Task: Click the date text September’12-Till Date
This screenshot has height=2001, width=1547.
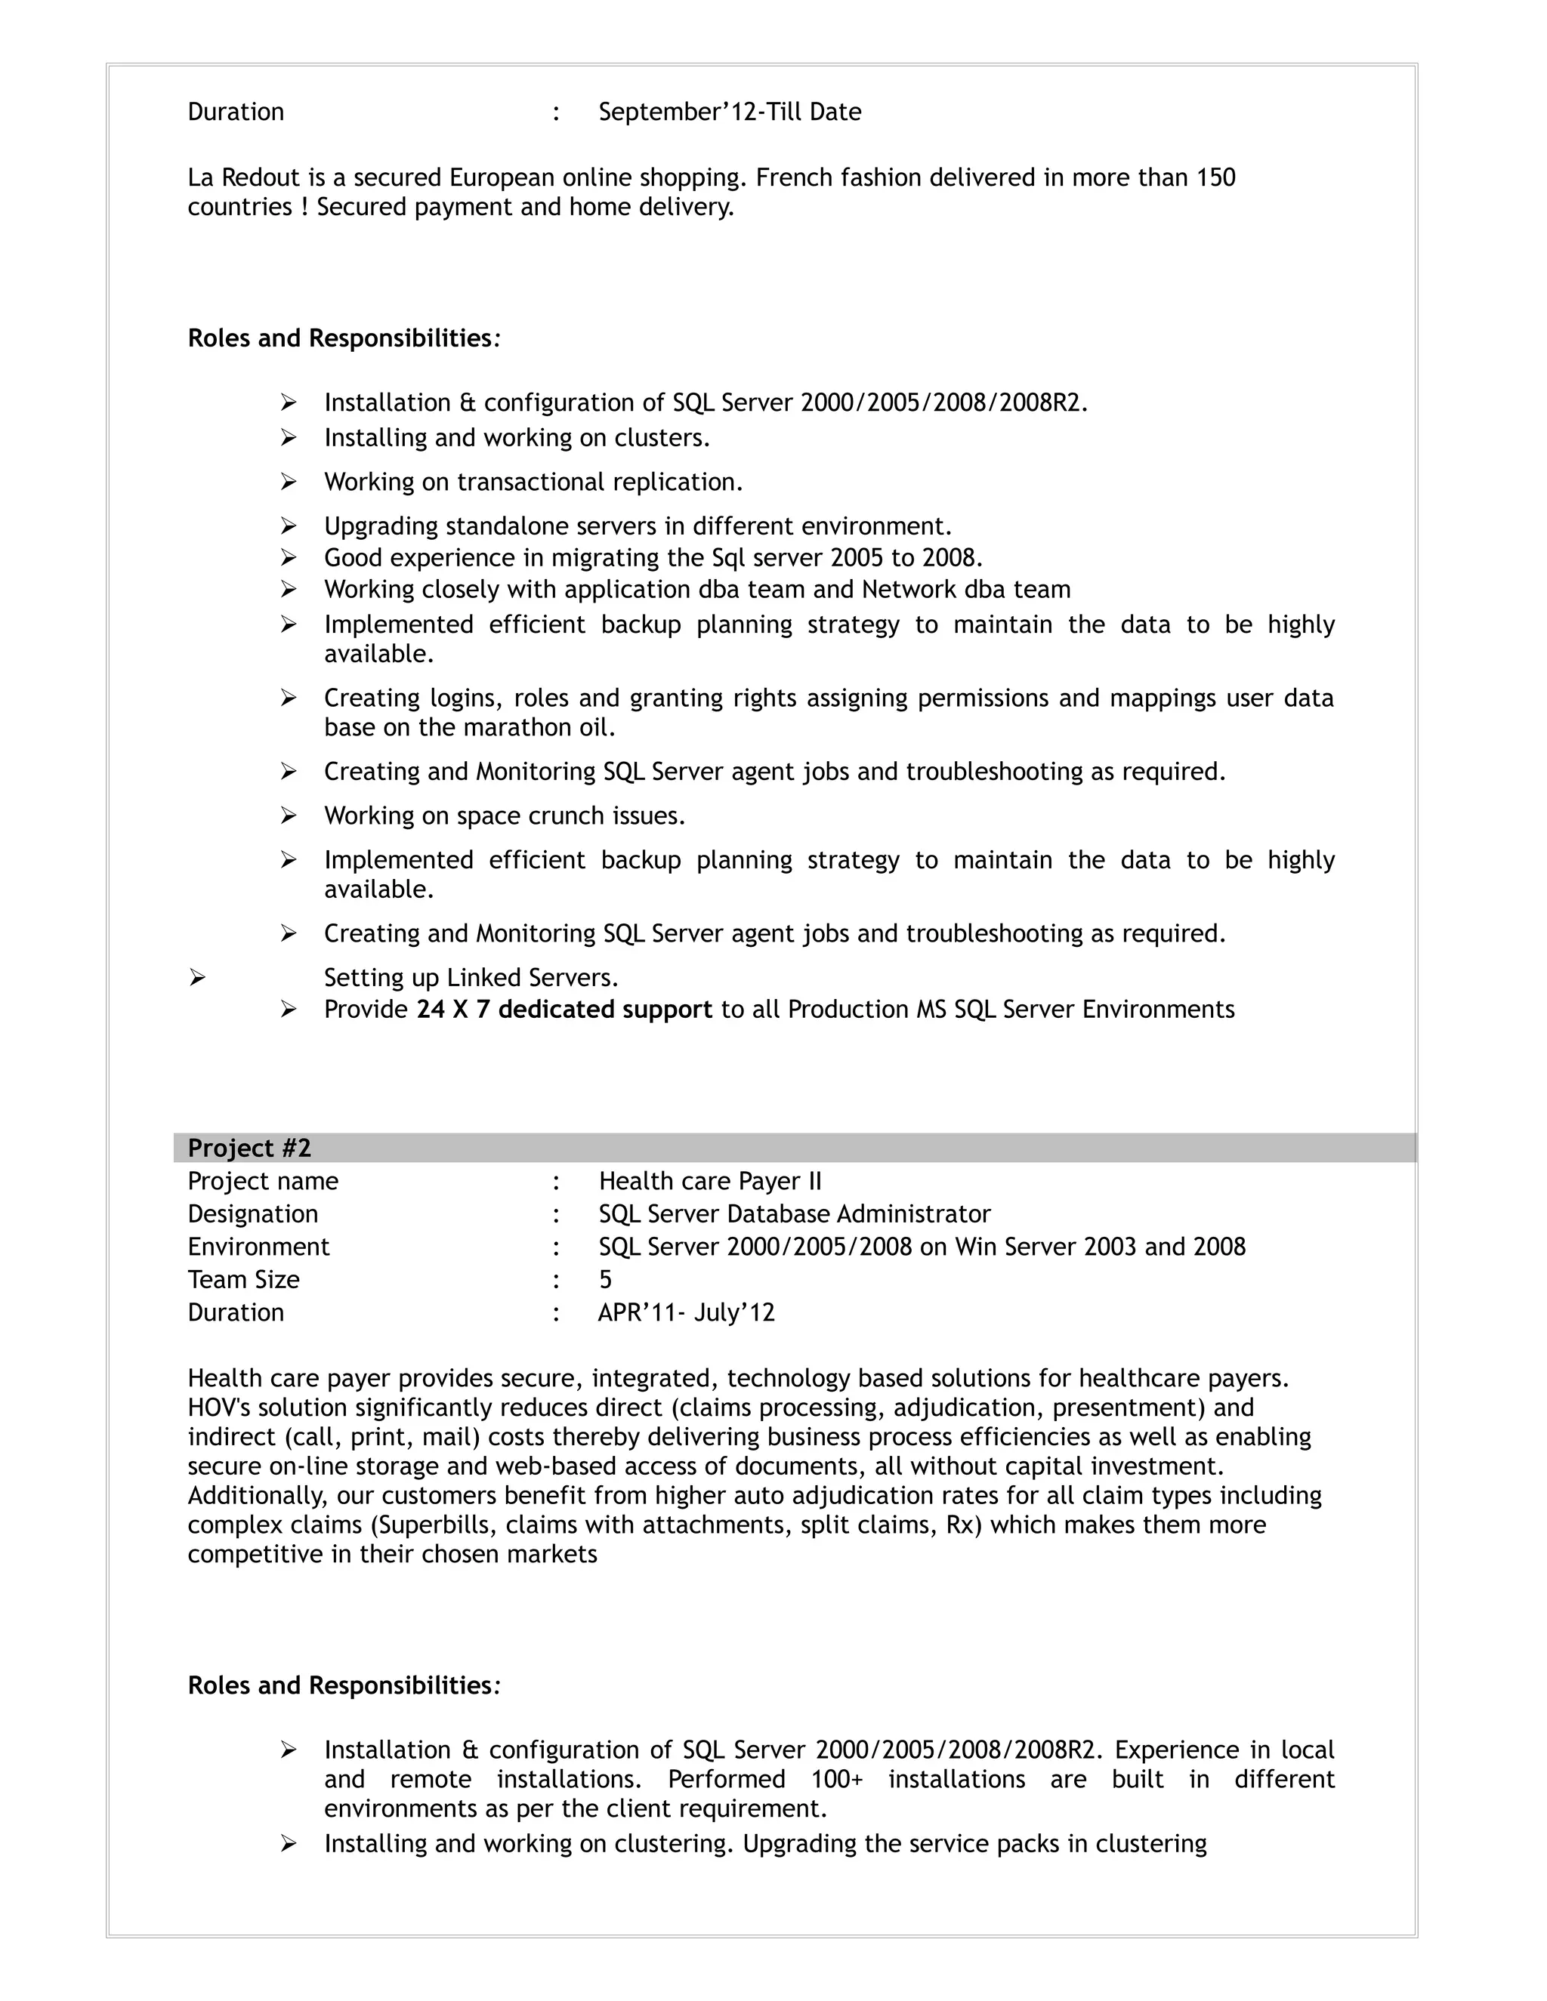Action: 730,112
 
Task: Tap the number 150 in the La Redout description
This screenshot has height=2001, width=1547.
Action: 1215,177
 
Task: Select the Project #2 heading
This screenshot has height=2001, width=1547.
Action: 249,1148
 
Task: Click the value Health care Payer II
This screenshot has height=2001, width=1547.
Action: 710,1181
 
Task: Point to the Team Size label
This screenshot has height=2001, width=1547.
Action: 244,1279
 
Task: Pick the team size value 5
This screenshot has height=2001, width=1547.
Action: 605,1279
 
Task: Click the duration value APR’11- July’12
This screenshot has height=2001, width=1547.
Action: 687,1312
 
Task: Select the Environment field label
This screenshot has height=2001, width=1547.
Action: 258,1246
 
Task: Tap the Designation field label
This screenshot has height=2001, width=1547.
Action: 253,1214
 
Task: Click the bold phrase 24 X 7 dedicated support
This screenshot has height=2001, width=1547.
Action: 564,1009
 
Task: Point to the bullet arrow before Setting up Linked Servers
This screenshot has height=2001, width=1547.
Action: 197,978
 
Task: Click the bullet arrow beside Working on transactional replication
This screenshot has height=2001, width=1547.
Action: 289,482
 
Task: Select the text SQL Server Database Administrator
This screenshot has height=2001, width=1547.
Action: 795,1214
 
